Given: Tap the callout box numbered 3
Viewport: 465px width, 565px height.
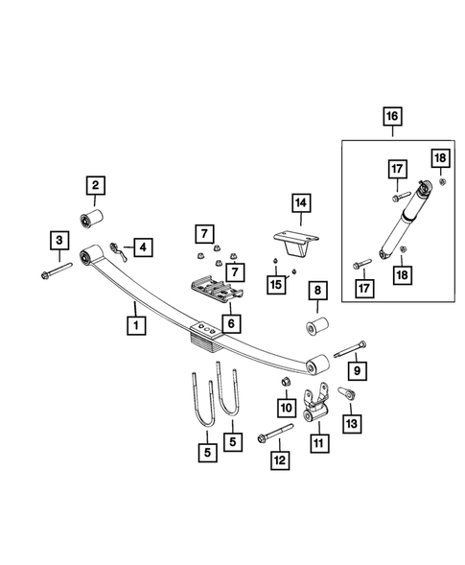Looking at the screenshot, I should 59,240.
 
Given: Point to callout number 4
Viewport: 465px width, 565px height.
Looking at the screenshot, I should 142,248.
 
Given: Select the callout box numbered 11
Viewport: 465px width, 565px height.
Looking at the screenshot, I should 317,442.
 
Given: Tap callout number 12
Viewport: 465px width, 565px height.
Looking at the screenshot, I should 279,462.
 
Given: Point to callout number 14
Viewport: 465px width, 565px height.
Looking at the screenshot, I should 301,202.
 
